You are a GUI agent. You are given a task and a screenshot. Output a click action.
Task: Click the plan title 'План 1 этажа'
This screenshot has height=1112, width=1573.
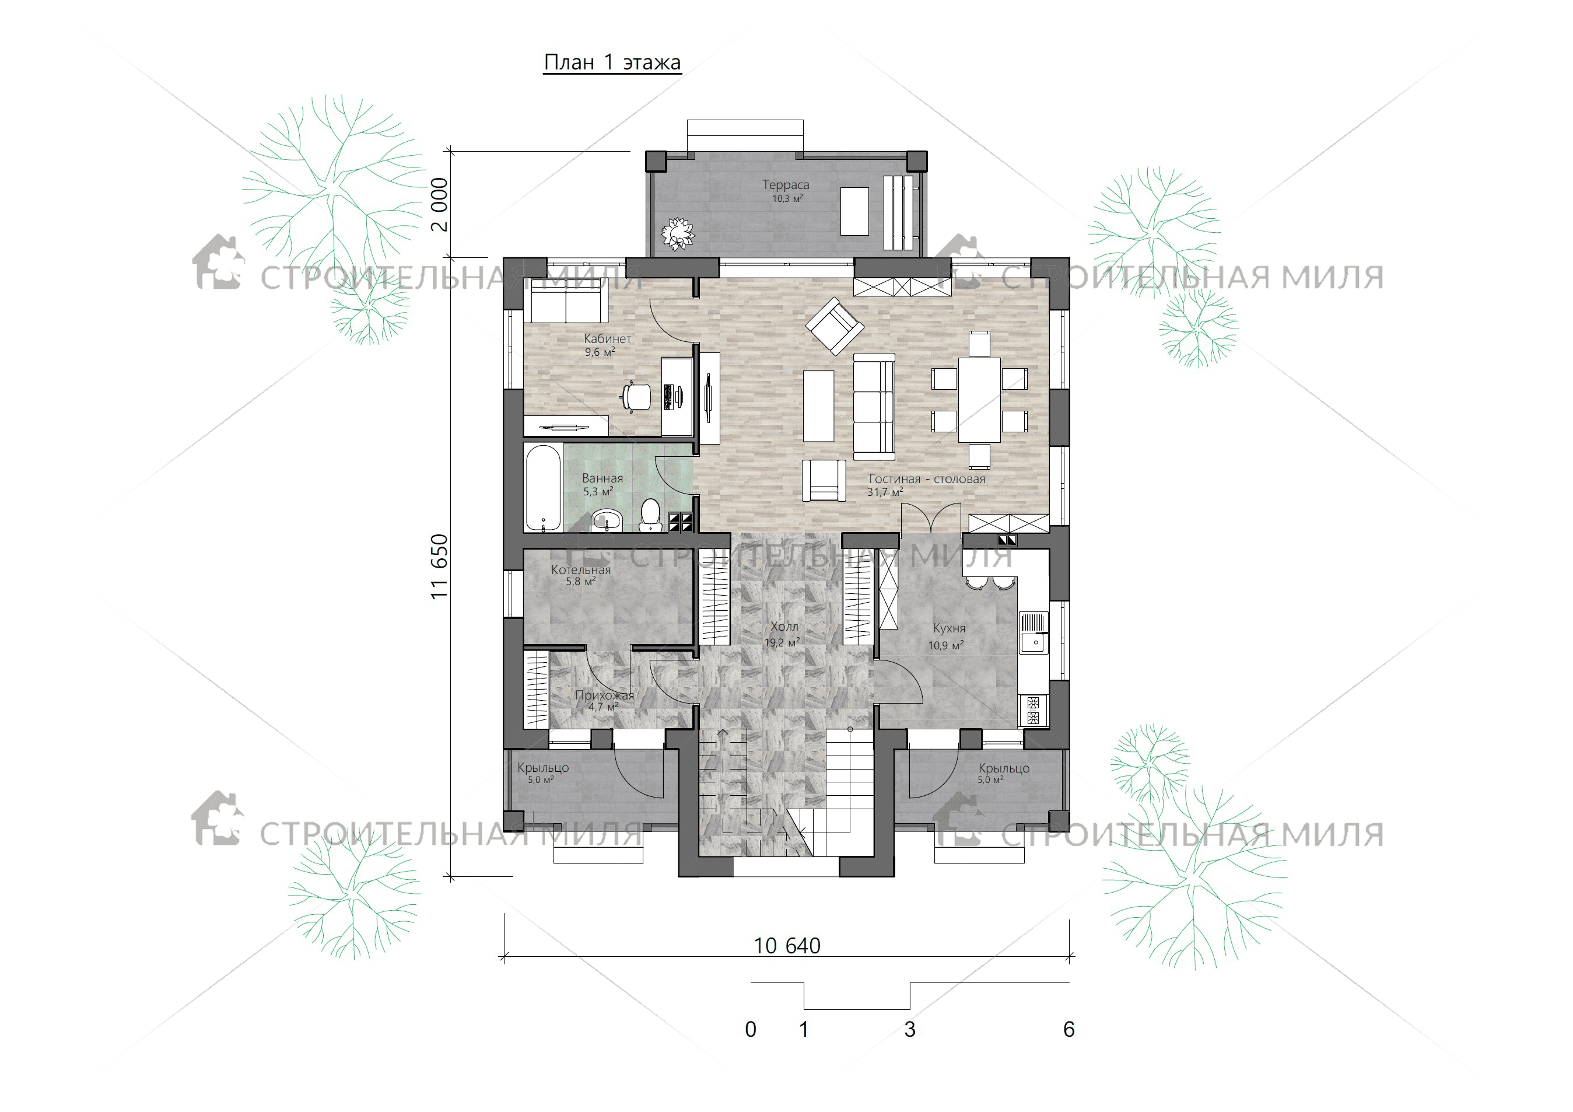click(612, 62)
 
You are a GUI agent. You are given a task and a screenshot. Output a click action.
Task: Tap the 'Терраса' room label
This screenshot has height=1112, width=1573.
click(785, 184)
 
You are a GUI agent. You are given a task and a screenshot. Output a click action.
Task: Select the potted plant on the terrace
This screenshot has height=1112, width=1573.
click(678, 233)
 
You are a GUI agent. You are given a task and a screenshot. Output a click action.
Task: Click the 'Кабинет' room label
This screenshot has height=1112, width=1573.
click(607, 338)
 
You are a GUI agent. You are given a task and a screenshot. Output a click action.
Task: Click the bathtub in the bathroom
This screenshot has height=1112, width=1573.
click(542, 488)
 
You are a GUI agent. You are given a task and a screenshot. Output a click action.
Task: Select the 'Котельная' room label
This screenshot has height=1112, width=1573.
click(581, 569)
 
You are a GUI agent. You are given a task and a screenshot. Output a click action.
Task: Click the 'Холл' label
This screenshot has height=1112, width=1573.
click(784, 626)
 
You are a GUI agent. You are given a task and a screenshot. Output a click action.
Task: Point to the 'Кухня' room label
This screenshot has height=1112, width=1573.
click(949, 628)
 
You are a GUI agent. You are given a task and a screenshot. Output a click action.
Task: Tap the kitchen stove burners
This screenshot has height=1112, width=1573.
click(1033, 710)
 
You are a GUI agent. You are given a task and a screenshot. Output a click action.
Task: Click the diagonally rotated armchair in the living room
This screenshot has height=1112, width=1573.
click(834, 326)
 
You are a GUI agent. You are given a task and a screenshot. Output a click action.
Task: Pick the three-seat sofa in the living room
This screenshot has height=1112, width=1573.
click(874, 406)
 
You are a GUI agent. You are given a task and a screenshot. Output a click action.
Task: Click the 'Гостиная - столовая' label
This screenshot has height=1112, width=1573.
click(926, 479)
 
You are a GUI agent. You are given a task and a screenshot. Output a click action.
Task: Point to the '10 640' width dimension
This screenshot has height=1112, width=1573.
click(786, 946)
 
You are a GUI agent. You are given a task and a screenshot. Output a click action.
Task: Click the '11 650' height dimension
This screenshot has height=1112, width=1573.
click(439, 567)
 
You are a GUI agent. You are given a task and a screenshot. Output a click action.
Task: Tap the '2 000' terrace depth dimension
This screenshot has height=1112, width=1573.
click(439, 204)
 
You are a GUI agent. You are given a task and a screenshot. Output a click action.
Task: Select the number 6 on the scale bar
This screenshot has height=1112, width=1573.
click(1068, 1029)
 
